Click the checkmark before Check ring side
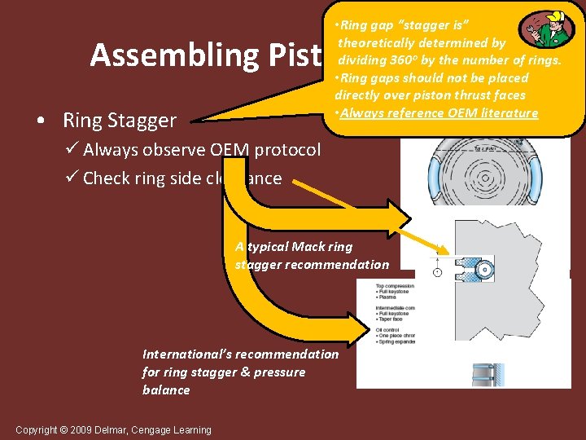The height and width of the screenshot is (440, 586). coord(72,178)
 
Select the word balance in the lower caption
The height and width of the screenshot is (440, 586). coord(166,390)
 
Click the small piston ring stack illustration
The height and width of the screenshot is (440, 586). coord(488,375)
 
